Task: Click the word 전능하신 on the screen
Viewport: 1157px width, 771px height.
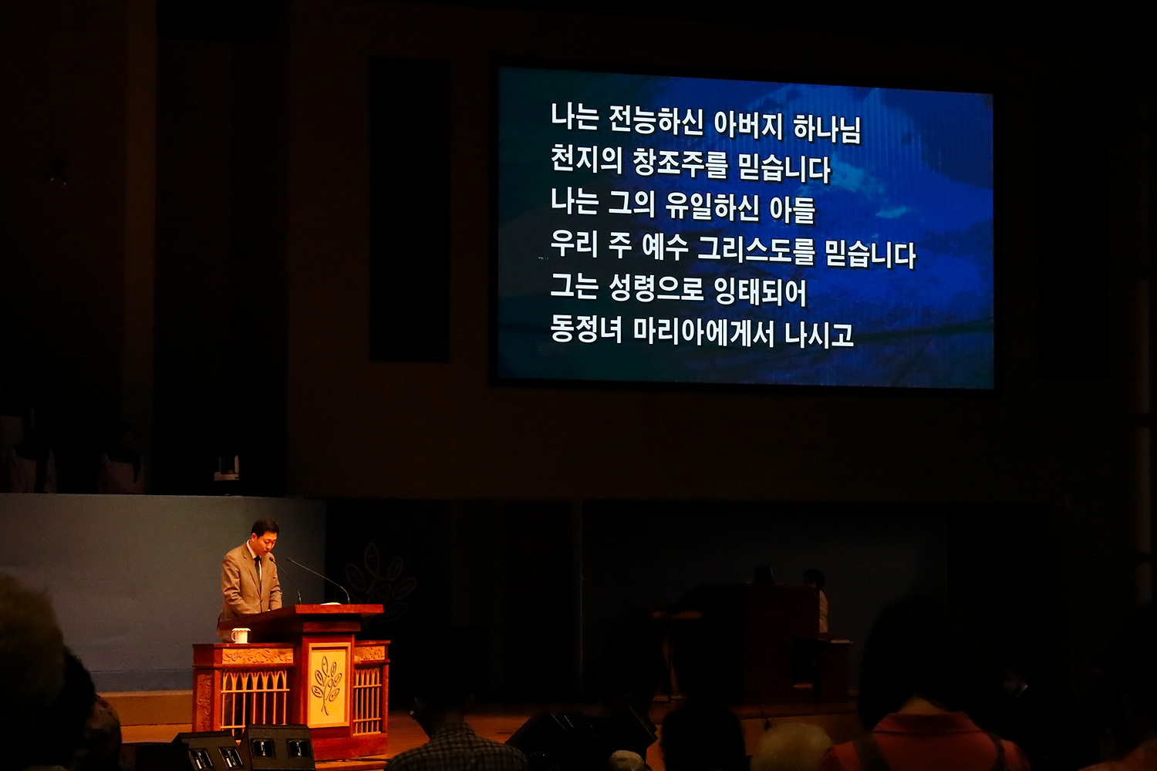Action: pos(656,122)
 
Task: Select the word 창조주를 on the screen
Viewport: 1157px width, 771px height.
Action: pos(681,163)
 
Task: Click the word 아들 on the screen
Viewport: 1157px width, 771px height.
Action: pos(792,209)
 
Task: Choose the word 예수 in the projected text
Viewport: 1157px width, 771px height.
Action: pos(665,247)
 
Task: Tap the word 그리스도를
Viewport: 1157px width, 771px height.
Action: pos(756,251)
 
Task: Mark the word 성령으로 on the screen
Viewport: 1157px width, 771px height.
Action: pos(656,288)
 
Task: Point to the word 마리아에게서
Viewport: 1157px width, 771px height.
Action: pos(703,332)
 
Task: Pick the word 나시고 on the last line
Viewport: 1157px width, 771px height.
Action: pos(819,334)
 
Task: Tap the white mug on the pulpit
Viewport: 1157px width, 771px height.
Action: pos(240,635)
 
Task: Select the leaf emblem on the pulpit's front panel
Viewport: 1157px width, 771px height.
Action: pos(327,685)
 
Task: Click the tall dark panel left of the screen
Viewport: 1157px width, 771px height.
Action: pos(409,209)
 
